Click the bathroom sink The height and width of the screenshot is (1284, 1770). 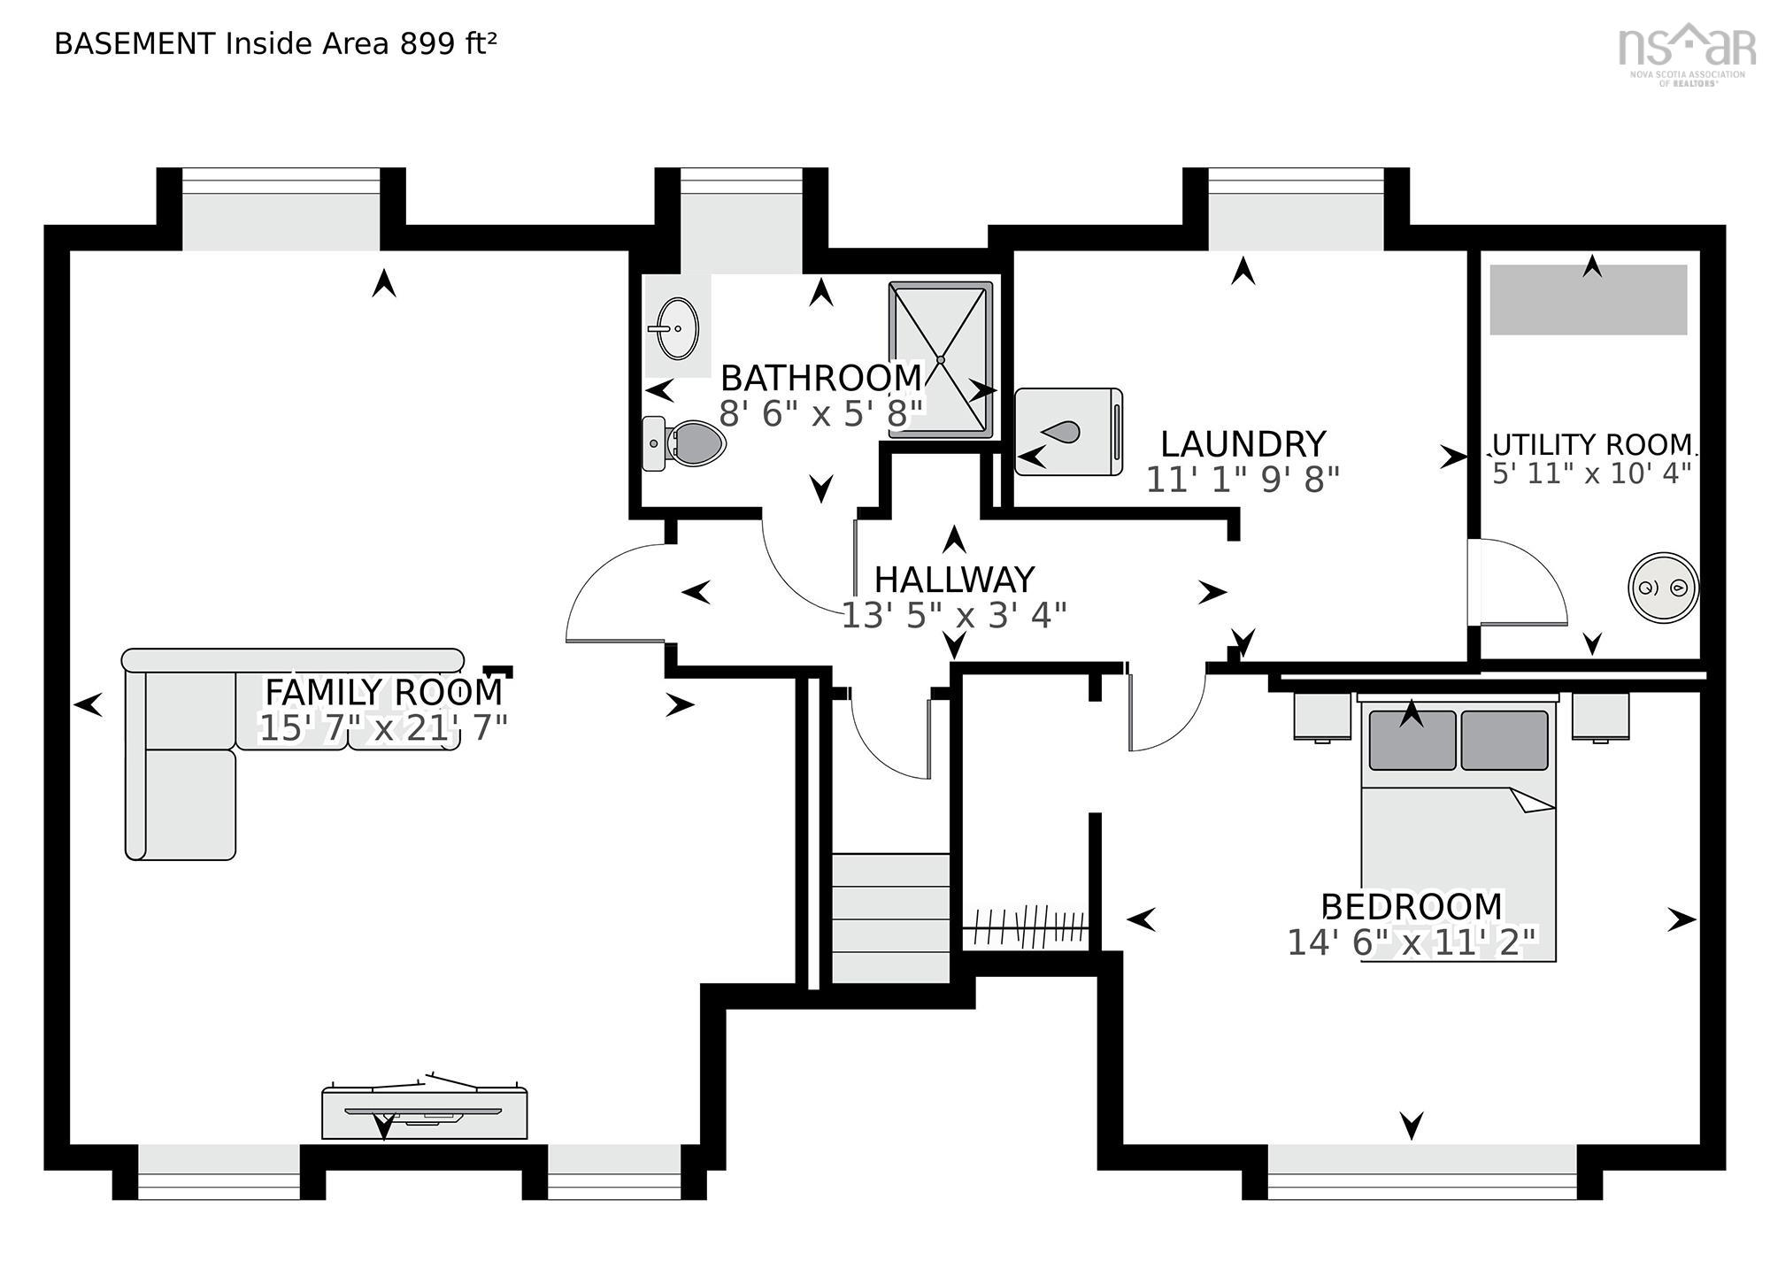678,328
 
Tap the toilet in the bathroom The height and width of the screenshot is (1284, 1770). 683,443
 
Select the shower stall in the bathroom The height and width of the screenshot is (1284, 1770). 941,360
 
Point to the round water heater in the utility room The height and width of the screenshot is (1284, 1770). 1663,588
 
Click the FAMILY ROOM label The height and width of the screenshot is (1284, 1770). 384,690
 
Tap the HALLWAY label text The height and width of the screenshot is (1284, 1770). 954,580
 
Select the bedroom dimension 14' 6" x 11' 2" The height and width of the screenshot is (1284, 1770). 1412,942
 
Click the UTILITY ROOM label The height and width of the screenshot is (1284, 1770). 1592,443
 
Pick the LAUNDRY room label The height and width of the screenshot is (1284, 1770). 1243,443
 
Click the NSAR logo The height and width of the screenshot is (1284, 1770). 1687,51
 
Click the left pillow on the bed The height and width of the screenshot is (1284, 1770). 1412,740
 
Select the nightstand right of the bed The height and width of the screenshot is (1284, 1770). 1600,716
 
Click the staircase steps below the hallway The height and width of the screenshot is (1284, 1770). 890,918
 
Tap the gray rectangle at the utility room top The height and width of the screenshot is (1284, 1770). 1589,299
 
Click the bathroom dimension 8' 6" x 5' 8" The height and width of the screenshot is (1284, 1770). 821,412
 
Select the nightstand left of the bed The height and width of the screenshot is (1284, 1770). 1322,716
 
